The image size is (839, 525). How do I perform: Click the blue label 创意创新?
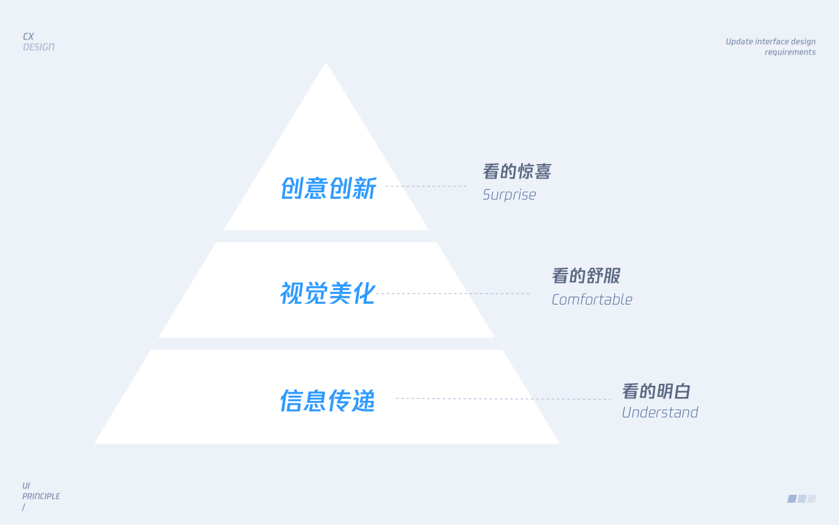(328, 188)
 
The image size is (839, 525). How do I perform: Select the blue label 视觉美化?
(328, 293)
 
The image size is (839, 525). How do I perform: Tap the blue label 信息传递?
(328, 400)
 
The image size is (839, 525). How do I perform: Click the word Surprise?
(509, 195)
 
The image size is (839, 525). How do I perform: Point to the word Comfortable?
(592, 300)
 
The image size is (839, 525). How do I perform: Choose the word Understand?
(660, 413)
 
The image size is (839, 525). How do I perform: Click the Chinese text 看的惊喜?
(517, 171)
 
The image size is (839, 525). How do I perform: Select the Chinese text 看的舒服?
(586, 276)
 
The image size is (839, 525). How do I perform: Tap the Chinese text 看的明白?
(656, 391)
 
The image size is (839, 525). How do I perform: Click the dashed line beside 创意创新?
(426, 186)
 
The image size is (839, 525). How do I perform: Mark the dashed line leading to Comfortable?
(453, 293)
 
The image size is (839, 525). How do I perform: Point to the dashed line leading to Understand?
(503, 398)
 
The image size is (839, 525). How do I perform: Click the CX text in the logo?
(28, 36)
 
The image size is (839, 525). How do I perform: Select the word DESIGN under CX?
(39, 47)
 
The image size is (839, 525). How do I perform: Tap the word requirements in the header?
(790, 52)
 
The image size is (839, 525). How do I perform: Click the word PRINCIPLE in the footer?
(41, 496)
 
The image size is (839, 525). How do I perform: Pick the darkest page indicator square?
(792, 498)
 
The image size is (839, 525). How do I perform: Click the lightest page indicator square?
(811, 498)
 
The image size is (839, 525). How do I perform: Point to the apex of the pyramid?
(326, 64)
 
